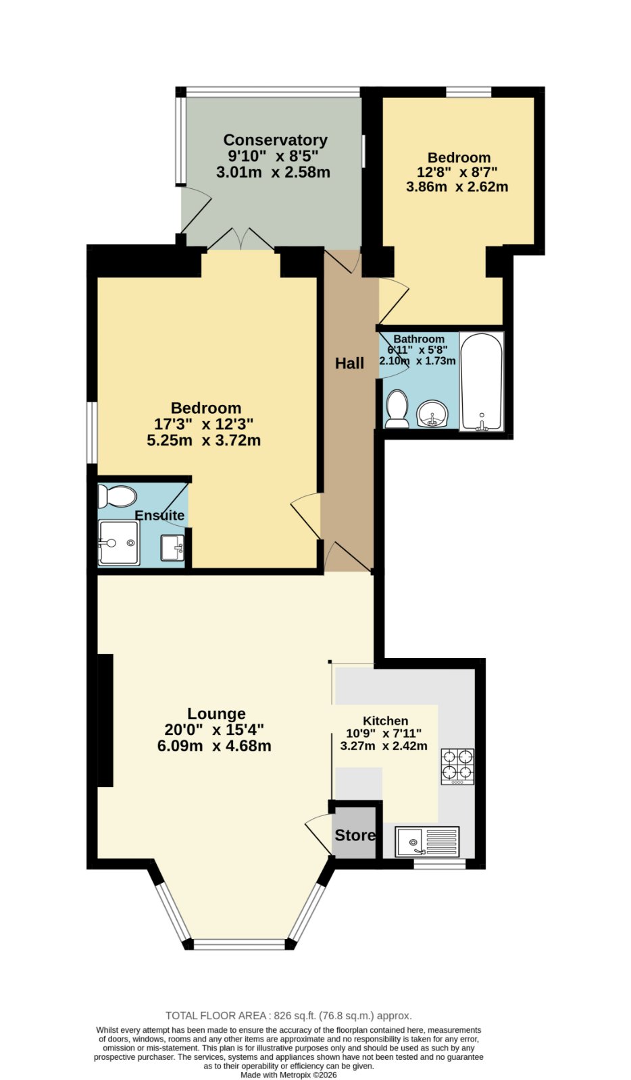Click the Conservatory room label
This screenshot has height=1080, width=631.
pos(276,140)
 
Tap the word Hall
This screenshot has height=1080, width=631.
pos(349,363)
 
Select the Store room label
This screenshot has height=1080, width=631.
pos(355,835)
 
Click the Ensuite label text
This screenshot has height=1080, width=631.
pos(159,515)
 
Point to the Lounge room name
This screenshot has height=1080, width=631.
pos(216,713)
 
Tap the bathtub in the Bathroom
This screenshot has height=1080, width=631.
pos(482,381)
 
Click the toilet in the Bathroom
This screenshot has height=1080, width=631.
pos(397,409)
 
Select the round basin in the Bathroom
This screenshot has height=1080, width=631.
pos(433,414)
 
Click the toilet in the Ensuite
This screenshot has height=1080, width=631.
pos(118,496)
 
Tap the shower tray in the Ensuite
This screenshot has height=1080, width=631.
pos(119,543)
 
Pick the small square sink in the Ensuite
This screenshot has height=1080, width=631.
pos(172,547)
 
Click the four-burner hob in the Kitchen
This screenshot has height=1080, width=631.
pos(457,766)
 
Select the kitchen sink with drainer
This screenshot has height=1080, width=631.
pos(427,842)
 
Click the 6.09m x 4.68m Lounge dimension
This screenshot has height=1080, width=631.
pos(214,746)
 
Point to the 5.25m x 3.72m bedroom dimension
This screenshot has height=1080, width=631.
pos(203,440)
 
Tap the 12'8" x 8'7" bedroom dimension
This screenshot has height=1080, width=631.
pos(457,171)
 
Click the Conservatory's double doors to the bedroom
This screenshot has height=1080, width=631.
pos(241,239)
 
